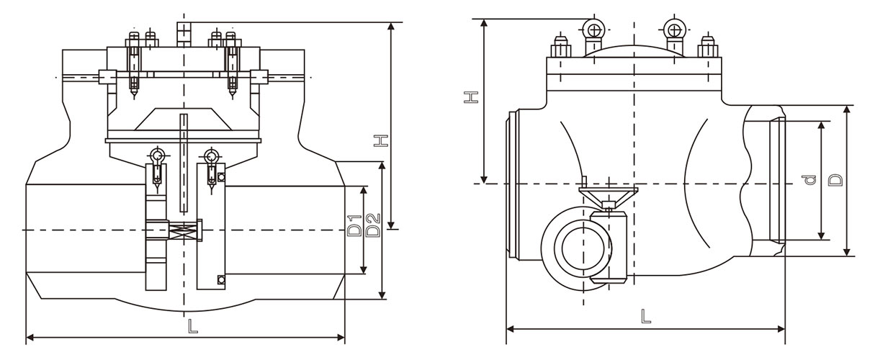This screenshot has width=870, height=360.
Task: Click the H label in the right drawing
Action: pos(470,96)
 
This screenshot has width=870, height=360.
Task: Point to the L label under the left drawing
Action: pos(192,326)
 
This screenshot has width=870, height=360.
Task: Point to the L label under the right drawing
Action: pos(646,316)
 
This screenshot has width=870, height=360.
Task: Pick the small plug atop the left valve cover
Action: pos(183,32)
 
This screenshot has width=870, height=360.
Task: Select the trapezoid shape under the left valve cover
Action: pos(183,120)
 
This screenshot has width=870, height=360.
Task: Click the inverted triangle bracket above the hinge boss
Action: pos(608,196)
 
